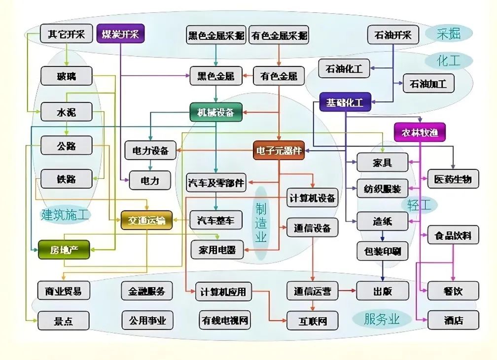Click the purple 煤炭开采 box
(120, 34)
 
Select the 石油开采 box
(392, 35)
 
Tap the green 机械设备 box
(215, 112)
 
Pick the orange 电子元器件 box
(279, 150)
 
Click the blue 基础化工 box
(345, 103)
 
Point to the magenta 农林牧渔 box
(420, 132)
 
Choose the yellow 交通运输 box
(146, 219)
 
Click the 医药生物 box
(453, 179)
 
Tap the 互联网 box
(313, 321)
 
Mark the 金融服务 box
(147, 290)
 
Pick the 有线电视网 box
(225, 321)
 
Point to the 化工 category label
(448, 61)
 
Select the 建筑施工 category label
(66, 215)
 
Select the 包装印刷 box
(382, 252)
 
